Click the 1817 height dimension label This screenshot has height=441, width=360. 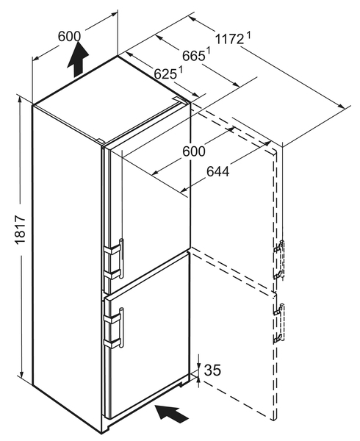tap(21, 229)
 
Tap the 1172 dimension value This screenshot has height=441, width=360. tap(229, 39)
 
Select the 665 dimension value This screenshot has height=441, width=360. tap(193, 56)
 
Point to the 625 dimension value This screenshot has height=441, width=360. tap(165, 74)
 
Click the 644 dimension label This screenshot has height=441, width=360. tap(218, 171)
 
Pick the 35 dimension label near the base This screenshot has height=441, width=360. tap(212, 370)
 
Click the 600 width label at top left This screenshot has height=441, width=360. tap(69, 36)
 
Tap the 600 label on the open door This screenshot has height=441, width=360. tap(194, 151)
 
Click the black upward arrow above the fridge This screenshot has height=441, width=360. tap(78, 59)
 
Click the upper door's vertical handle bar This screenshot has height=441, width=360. tap(121, 258)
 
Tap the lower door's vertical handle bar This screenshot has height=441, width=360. tap(121, 327)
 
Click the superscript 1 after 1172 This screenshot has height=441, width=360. tap(248, 35)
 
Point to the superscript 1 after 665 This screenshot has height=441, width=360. tap(209, 51)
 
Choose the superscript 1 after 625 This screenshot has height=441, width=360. tap(180, 70)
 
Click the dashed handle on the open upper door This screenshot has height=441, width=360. tap(282, 260)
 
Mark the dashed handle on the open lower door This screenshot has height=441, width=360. tap(282, 323)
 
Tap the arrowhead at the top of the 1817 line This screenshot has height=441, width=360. tap(21, 98)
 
